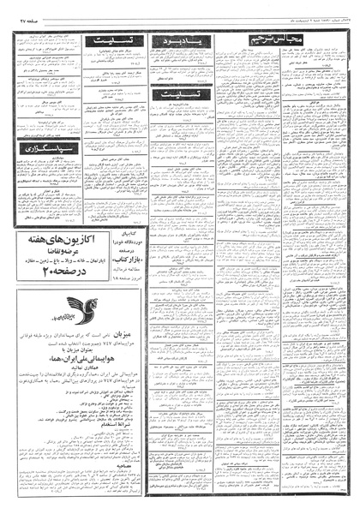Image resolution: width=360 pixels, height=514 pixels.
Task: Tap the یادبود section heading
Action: coord(174,40)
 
